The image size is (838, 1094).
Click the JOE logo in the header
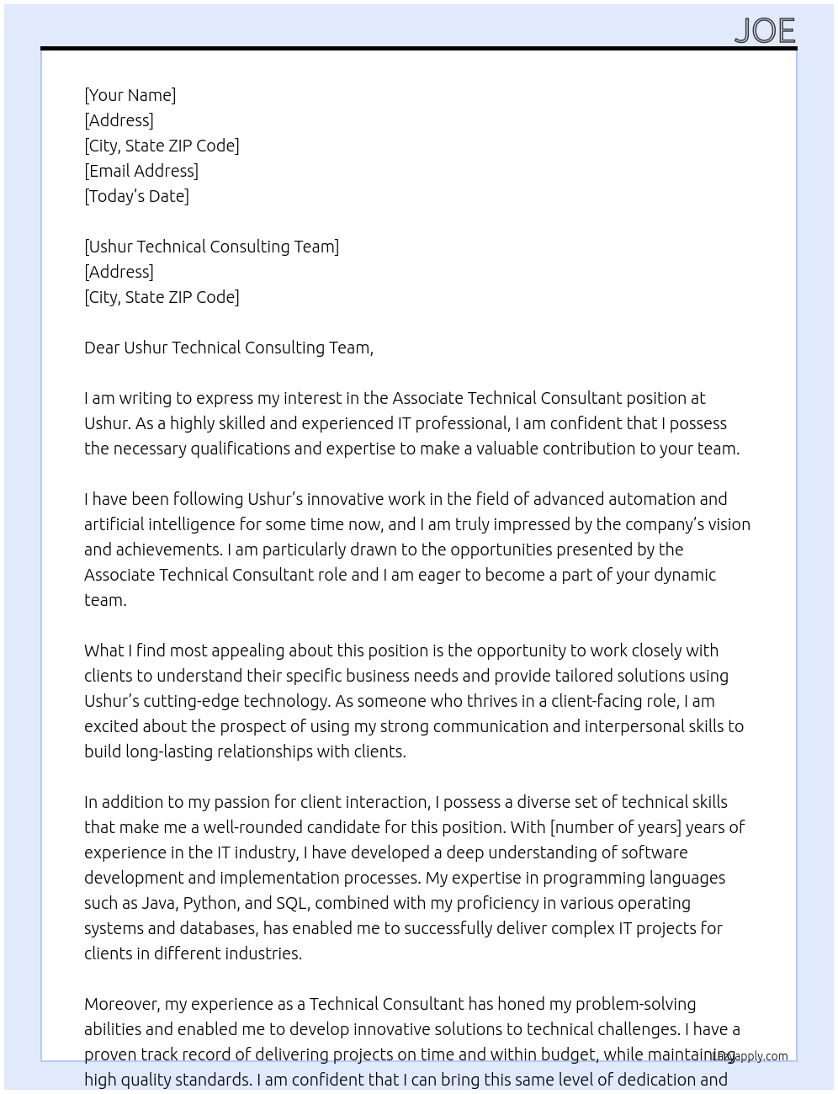tap(764, 30)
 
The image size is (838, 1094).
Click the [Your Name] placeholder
tap(130, 95)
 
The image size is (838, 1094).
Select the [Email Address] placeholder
tap(141, 171)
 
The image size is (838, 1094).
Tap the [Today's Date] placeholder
tap(136, 196)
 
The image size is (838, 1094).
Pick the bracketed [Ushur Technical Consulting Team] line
tap(211, 247)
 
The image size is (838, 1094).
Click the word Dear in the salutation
tap(101, 348)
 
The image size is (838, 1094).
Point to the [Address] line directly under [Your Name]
tap(119, 120)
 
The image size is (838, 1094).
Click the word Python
tap(209, 903)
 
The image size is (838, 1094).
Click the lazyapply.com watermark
tap(750, 1055)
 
